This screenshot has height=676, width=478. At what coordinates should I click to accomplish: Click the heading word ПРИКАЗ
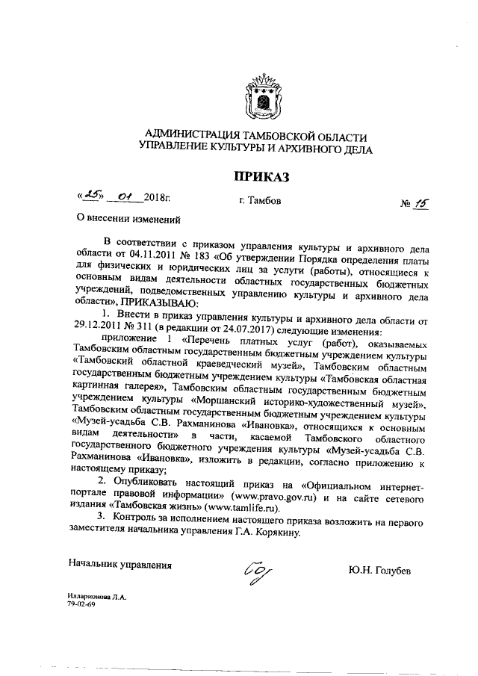[x=258, y=176]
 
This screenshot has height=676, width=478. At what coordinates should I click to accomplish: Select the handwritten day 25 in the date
[x=93, y=198]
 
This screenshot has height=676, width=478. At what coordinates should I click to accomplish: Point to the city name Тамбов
[x=257, y=201]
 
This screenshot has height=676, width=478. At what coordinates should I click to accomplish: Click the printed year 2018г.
[x=158, y=200]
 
